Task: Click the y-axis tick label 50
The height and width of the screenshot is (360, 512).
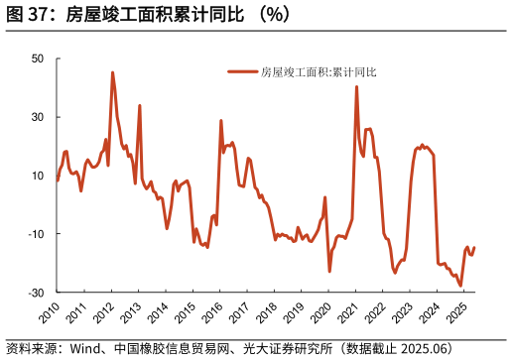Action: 38,59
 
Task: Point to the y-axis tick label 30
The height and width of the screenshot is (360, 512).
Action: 38,117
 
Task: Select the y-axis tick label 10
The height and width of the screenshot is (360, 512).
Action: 38,176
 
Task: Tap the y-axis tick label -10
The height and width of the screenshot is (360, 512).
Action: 36,234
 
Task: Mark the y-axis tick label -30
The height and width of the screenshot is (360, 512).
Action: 36,293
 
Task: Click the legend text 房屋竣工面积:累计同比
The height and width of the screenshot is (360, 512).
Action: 319,71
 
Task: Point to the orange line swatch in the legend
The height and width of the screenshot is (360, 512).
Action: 242,71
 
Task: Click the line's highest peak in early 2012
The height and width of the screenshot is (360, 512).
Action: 112,72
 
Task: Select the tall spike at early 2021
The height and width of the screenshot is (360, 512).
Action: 357,87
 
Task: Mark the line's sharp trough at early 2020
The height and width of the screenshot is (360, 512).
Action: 329,271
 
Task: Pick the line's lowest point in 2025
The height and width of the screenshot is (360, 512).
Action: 460,286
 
